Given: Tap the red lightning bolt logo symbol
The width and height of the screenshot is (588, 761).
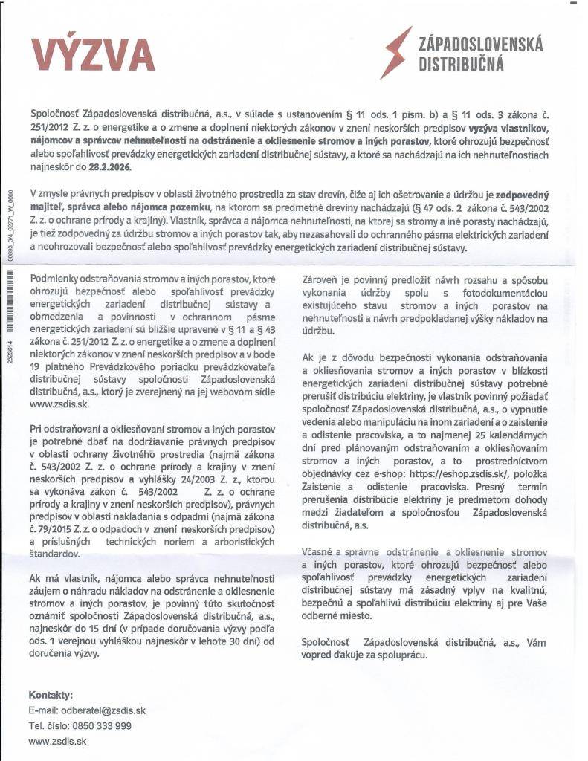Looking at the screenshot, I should tap(395, 52).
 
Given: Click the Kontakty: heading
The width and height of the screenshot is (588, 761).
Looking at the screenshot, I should tap(51, 695).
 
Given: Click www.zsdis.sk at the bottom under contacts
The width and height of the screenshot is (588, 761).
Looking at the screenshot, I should tap(58, 741).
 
